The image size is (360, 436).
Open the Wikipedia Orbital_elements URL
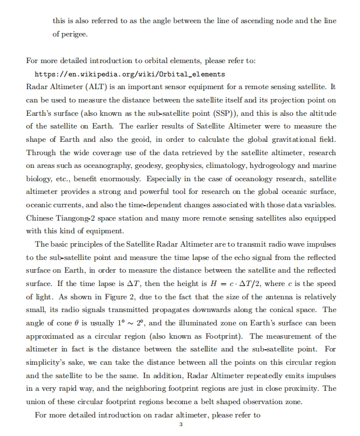130,75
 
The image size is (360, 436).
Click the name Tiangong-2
80,218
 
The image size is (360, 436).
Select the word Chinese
41,218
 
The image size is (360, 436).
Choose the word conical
263,310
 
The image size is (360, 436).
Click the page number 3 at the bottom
181,425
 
